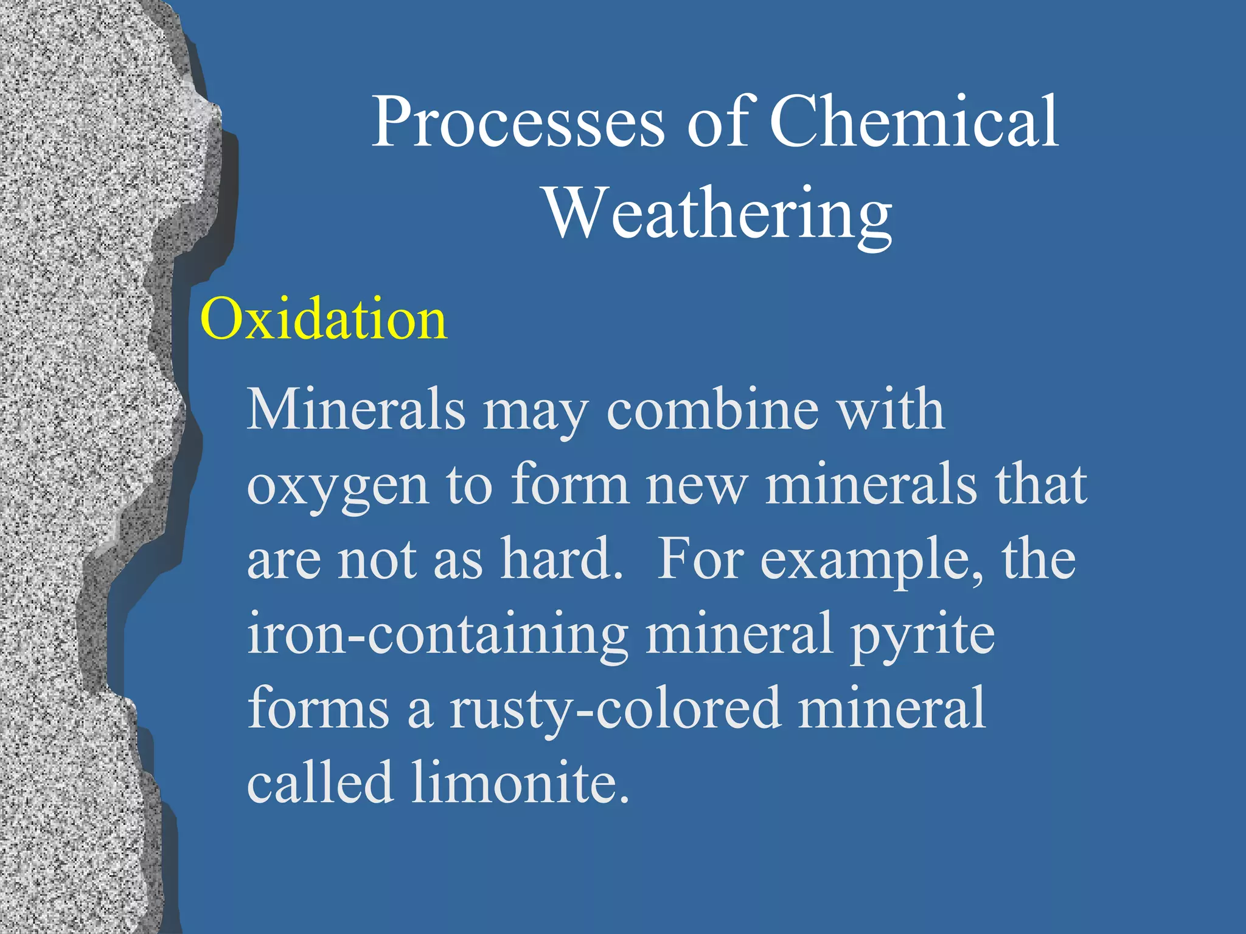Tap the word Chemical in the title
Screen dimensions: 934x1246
pyautogui.click(x=914, y=122)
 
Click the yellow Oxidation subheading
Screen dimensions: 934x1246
pyautogui.click(x=323, y=319)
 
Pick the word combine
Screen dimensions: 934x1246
pyautogui.click(x=712, y=411)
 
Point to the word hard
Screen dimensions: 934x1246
pyautogui.click(x=560, y=559)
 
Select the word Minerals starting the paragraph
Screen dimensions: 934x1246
pyautogui.click(x=355, y=410)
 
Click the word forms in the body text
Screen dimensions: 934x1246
pyautogui.click(x=318, y=708)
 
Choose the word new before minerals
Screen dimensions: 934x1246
pyautogui.click(x=695, y=487)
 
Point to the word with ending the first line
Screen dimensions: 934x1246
pyautogui.click(x=891, y=410)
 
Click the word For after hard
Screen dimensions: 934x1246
pyautogui.click(x=700, y=559)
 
